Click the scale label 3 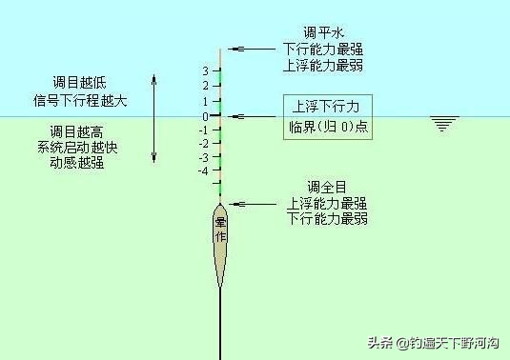(x=205, y=71)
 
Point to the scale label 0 (x=205, y=116)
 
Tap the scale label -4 (x=203, y=171)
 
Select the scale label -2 (x=203, y=144)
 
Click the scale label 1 (x=205, y=100)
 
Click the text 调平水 (x=325, y=31)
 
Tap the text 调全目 (x=325, y=186)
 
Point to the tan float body (x=220, y=243)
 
